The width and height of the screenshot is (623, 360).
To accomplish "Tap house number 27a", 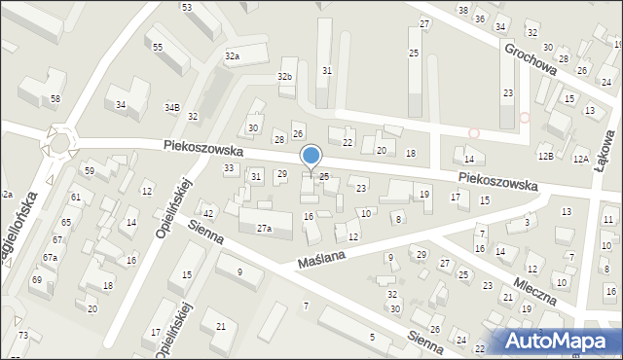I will pos(264,229).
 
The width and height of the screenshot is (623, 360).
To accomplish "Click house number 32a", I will pos(233,57).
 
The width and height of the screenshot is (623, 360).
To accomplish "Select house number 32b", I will pos(284,76).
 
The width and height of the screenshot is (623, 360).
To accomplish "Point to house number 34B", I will pos(171,107).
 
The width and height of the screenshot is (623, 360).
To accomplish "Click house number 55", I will pos(157,48).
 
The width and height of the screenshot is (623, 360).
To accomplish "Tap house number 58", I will pos(55,99).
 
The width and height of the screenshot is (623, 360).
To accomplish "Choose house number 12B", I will pos(545,156).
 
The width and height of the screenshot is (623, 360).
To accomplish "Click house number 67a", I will pos(49,258).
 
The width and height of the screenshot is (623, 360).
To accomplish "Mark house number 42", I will pos(207,213).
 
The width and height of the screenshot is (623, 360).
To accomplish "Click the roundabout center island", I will pos(60,142).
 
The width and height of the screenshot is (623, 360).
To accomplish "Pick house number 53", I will pos(186,8).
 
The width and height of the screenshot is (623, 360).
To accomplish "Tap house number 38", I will pos(462,10).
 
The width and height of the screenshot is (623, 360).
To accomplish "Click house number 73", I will pos(22,336).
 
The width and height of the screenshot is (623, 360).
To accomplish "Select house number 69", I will pos(36,280).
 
